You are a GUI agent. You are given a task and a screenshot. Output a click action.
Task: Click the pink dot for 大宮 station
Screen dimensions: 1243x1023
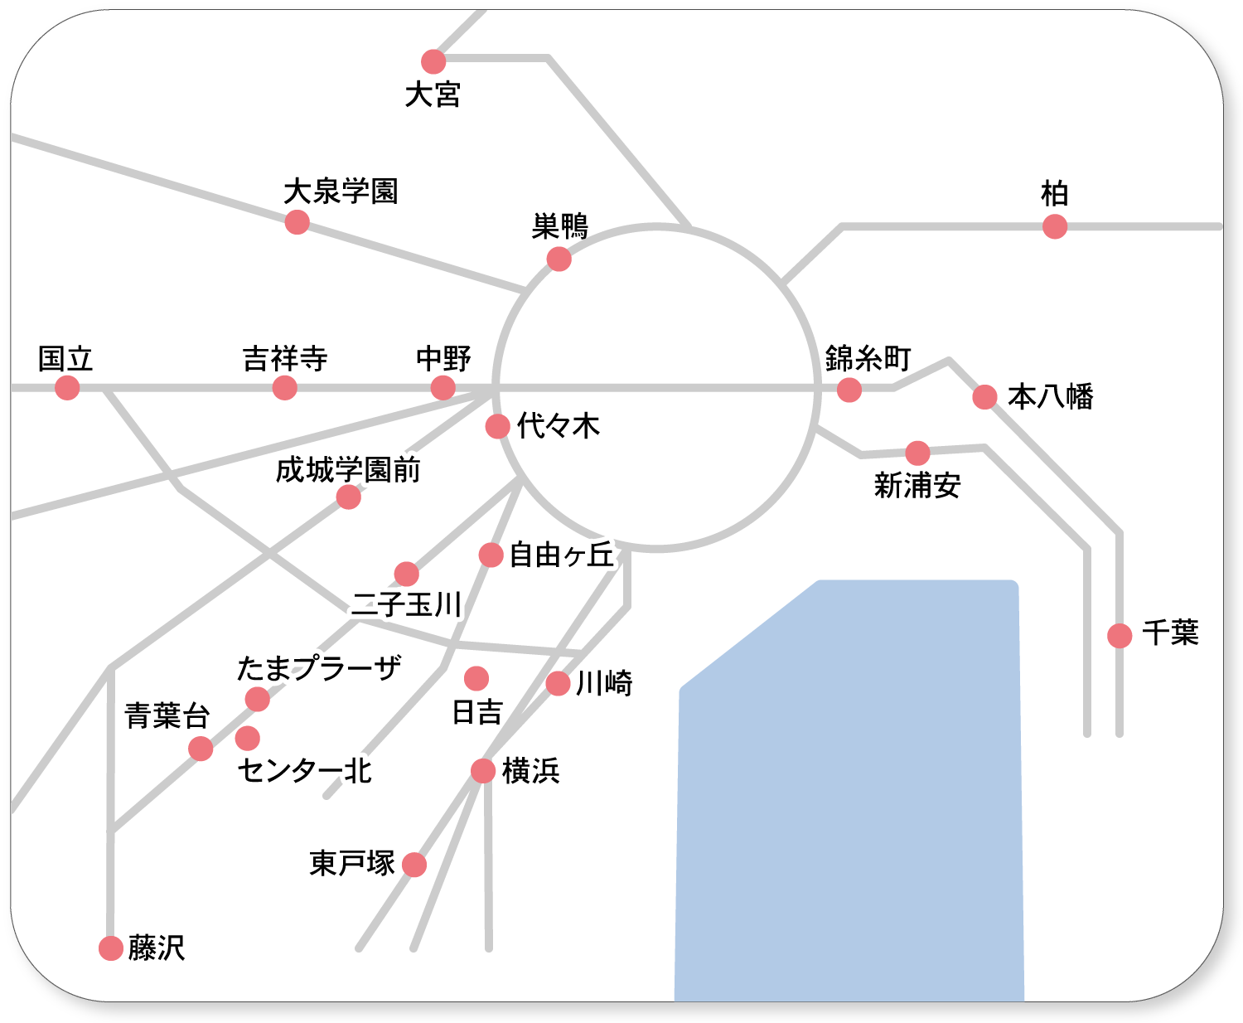pyautogui.click(x=433, y=61)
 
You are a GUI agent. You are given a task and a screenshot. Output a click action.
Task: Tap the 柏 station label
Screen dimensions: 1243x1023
pyautogui.click(x=1054, y=193)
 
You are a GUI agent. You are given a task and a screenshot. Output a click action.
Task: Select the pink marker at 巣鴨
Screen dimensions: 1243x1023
pyautogui.click(x=559, y=259)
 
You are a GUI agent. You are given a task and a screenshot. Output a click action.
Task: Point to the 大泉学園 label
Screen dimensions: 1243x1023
pyautogui.click(x=341, y=191)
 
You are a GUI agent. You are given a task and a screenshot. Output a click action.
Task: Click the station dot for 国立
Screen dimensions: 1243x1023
pyautogui.click(x=67, y=388)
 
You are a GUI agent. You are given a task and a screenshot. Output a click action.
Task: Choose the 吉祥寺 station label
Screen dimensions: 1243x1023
pyautogui.click(x=285, y=358)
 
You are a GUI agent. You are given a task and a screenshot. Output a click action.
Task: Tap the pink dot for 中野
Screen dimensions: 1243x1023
pyautogui.click(x=443, y=388)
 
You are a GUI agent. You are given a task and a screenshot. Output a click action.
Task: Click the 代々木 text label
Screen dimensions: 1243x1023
pyautogui.click(x=558, y=425)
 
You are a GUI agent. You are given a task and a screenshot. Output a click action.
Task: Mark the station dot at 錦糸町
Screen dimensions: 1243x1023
pyautogui.click(x=849, y=390)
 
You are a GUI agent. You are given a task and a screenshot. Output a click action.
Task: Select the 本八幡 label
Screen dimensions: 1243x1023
pyautogui.click(x=1050, y=396)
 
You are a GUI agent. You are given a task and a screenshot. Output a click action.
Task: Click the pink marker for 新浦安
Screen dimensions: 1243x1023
pyautogui.click(x=917, y=453)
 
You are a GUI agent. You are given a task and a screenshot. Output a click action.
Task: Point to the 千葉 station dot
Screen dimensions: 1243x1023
pyautogui.click(x=1120, y=636)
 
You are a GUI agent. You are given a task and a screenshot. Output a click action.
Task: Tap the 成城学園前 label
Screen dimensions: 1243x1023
pyautogui.click(x=348, y=469)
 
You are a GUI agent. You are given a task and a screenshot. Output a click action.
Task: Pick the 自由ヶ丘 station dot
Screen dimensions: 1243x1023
pyautogui.click(x=491, y=555)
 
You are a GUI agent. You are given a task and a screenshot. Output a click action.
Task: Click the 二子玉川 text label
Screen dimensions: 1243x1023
pyautogui.click(x=406, y=604)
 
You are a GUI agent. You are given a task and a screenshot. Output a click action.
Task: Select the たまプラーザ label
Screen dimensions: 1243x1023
pyautogui.click(x=319, y=667)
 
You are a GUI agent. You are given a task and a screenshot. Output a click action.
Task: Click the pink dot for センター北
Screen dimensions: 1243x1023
pyautogui.click(x=247, y=738)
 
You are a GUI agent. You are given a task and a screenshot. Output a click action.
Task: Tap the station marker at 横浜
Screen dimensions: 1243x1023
pyautogui.click(x=483, y=771)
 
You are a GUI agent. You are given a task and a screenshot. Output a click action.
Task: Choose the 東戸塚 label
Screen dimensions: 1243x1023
pyautogui.click(x=352, y=863)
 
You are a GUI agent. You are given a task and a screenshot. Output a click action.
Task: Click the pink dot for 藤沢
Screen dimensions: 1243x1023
pyautogui.click(x=110, y=948)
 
